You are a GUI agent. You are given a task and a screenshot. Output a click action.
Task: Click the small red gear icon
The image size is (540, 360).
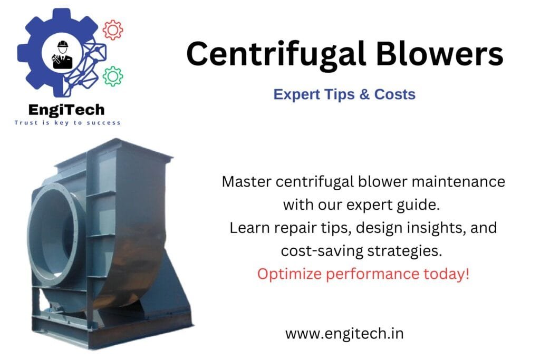[x=112, y=30]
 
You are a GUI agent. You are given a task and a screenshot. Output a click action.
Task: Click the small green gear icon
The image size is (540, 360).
[x=112, y=76]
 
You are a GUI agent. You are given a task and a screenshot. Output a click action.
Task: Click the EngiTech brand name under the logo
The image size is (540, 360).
[x=67, y=110]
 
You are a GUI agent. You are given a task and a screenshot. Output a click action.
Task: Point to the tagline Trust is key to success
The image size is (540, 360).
[x=67, y=123]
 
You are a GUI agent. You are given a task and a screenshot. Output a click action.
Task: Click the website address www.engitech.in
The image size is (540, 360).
[x=344, y=333]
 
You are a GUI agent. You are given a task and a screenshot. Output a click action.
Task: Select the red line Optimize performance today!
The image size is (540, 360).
[x=363, y=274]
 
